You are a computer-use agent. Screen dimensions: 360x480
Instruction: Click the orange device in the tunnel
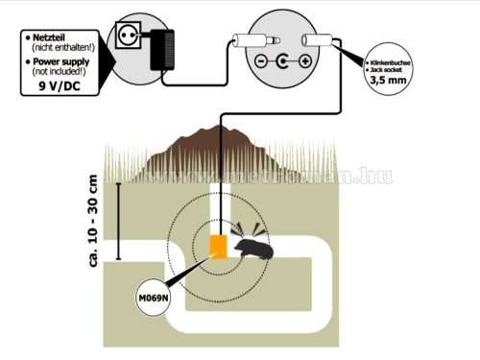(219, 246)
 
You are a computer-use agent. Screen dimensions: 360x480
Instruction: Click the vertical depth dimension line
(118, 220)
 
